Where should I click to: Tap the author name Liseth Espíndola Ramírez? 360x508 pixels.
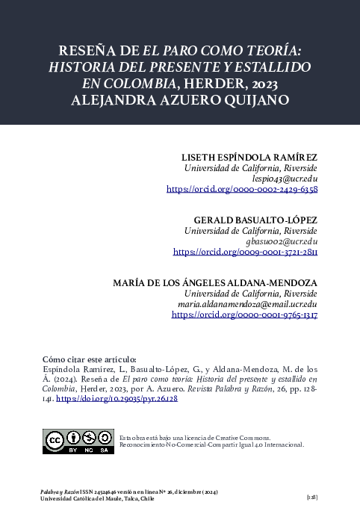pos(250,157)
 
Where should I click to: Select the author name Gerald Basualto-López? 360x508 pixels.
pos(255,220)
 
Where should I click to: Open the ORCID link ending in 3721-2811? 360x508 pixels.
pos(245,253)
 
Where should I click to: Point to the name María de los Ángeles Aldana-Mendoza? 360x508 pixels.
pos(215,283)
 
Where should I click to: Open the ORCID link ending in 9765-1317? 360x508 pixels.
pos(245,316)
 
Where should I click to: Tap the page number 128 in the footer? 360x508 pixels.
pos(312,496)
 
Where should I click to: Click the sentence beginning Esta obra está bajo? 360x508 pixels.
pos(196,438)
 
